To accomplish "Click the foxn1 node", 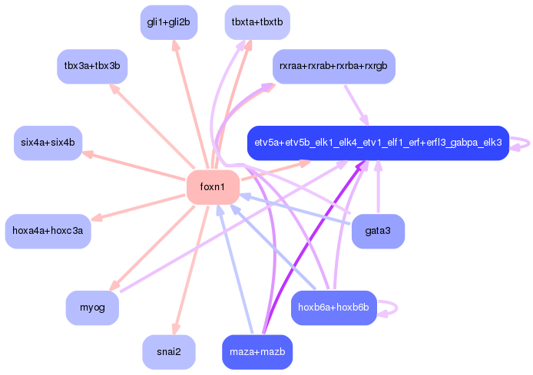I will [213, 187].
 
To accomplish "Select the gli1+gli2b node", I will [169, 22].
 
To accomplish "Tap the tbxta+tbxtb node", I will [257, 22].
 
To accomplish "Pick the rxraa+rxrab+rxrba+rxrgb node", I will [333, 67].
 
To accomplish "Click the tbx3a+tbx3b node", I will [92, 67].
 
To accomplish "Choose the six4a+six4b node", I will [48, 143].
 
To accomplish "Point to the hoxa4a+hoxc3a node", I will [48, 231].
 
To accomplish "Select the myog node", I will [92, 308].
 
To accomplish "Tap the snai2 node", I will [169, 352].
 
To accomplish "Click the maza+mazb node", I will [257, 352].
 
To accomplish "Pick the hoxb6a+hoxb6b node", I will [333, 308].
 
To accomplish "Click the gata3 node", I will [378, 231].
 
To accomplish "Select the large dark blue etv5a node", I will [378, 143].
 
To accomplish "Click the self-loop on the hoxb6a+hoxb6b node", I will [391, 308].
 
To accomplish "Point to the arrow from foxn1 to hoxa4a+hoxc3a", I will [138, 207].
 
